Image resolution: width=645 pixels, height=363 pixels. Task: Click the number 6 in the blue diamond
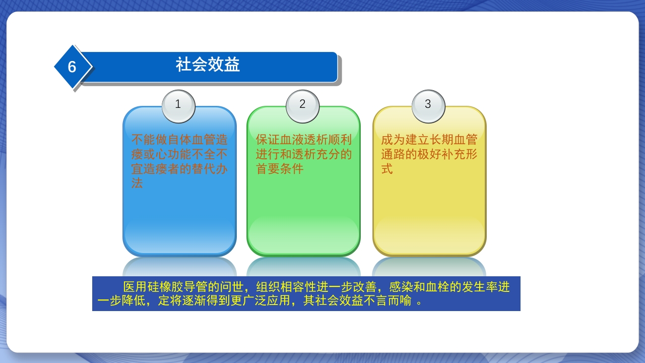[72, 67]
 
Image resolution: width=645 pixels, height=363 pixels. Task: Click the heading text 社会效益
[208, 65]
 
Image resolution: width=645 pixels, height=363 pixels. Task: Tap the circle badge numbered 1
[178, 105]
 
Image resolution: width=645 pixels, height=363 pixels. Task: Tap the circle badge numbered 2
[302, 105]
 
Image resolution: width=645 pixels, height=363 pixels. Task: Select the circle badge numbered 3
[428, 105]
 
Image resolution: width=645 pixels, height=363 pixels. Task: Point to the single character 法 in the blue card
[137, 184]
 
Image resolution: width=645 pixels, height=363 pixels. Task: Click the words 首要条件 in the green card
[280, 169]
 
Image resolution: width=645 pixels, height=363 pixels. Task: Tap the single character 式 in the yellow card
[387, 169]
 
